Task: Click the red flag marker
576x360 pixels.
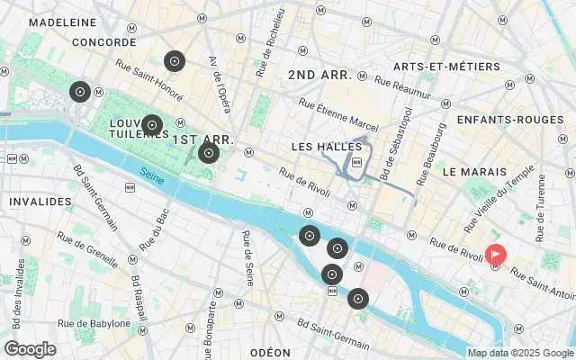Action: tap(496, 255)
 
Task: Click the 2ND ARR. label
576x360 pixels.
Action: tap(319, 76)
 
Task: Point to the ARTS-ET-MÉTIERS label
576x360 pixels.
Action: tap(436, 66)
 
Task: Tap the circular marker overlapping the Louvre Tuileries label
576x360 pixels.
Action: tap(152, 124)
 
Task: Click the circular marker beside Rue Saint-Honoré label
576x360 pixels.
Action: tap(175, 61)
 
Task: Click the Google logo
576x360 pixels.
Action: tap(30, 349)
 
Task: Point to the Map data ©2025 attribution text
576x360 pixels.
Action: tap(519, 353)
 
